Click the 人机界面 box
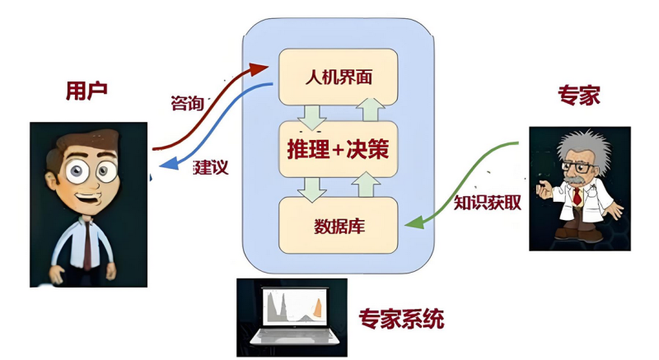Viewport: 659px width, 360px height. pos(339,77)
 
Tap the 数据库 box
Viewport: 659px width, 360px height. pos(339,224)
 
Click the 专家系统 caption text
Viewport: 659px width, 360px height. pos(401,317)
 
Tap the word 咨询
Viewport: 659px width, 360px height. pos(187,103)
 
